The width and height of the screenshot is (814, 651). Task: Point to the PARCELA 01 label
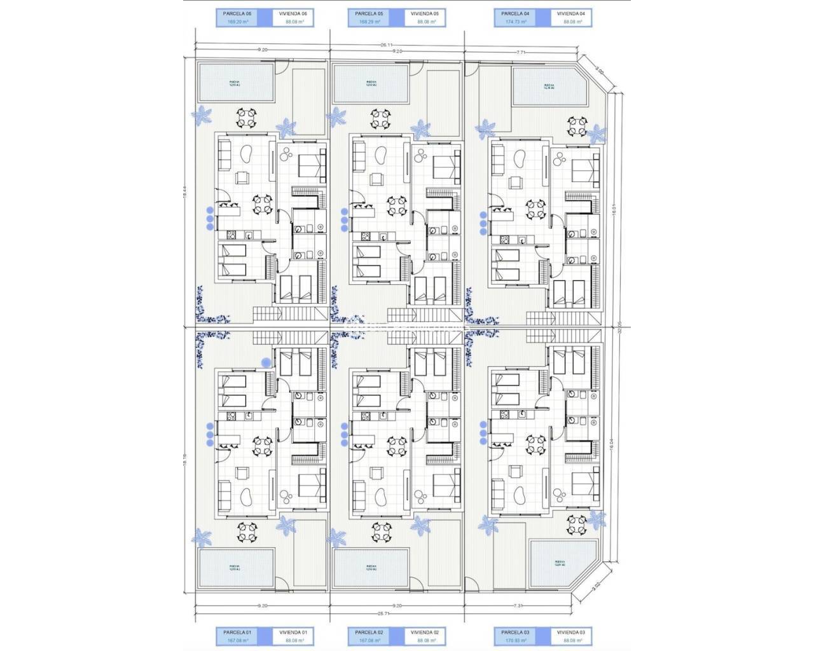point(237,633)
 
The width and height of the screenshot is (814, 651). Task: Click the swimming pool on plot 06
point(235,82)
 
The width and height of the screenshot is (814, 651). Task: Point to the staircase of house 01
point(267,337)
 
